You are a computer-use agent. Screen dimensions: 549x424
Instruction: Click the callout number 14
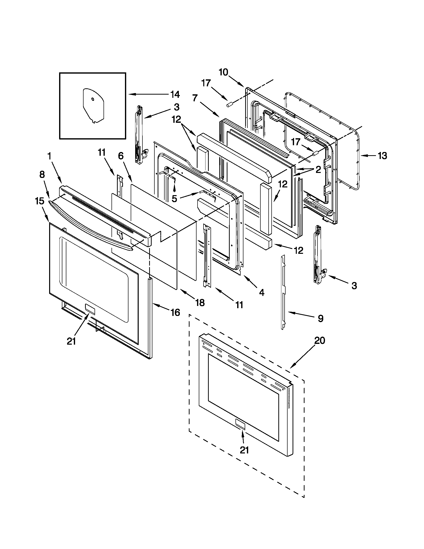pos(175,95)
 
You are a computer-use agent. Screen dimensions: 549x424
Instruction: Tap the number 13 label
pos(383,156)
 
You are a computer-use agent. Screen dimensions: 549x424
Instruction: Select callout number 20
pos(320,341)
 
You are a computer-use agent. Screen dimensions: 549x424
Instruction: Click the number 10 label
pos(223,72)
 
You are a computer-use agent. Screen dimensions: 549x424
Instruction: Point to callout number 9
pos(320,318)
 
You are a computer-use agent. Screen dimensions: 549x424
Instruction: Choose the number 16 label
pos(175,312)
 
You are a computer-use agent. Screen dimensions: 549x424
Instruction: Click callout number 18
pos(200,303)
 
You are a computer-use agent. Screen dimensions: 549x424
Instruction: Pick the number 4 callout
pos(262,292)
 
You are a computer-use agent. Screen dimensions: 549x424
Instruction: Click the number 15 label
pos(40,201)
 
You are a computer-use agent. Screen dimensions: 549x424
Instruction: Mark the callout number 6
pos(121,156)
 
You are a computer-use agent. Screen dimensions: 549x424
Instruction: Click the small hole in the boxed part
pos(93,99)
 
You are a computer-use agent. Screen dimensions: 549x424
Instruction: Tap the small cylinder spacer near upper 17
pos(229,105)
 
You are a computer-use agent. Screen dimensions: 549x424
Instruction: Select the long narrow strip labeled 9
pos(283,291)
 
